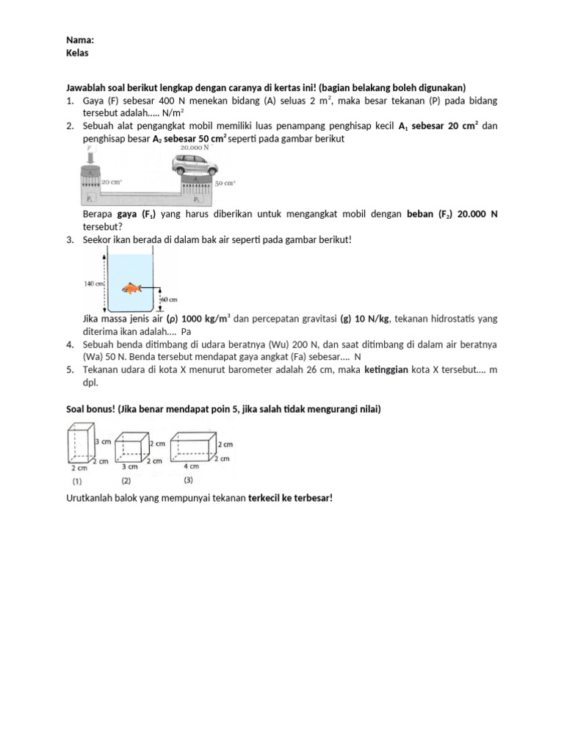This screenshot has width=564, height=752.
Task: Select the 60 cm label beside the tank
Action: tap(169, 300)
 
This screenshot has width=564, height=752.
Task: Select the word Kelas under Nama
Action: tap(77, 53)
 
